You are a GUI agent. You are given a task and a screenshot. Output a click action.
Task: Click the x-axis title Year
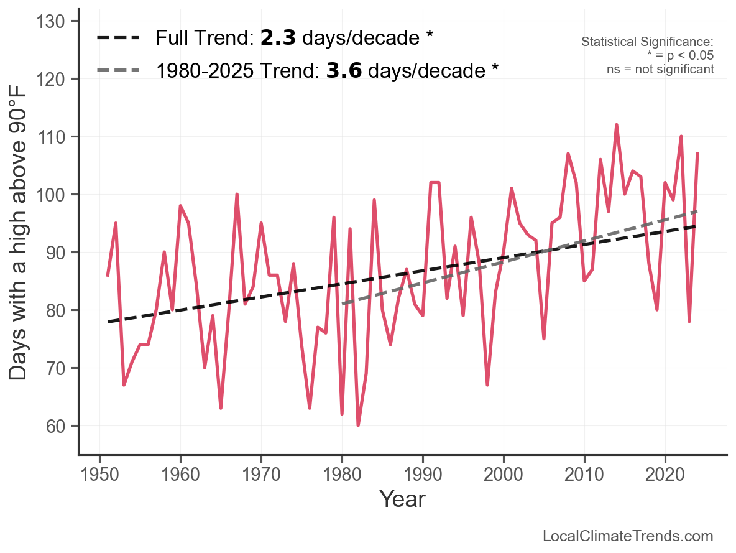point(402,499)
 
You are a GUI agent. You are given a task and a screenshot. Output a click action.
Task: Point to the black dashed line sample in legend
point(119,39)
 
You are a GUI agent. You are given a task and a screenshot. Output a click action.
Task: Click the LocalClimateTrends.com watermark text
point(628,536)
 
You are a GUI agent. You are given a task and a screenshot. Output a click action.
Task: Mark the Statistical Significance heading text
point(647,42)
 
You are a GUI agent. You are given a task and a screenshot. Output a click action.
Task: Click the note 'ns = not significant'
point(660,69)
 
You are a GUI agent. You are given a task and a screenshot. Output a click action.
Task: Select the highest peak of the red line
point(617,125)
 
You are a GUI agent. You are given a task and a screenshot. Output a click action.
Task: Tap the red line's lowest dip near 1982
point(358,425)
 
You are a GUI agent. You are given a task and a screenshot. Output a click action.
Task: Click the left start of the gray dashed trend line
point(343,304)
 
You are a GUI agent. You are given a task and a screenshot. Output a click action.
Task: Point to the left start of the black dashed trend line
point(108,322)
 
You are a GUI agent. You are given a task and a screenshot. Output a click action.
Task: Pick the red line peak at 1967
point(237,195)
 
